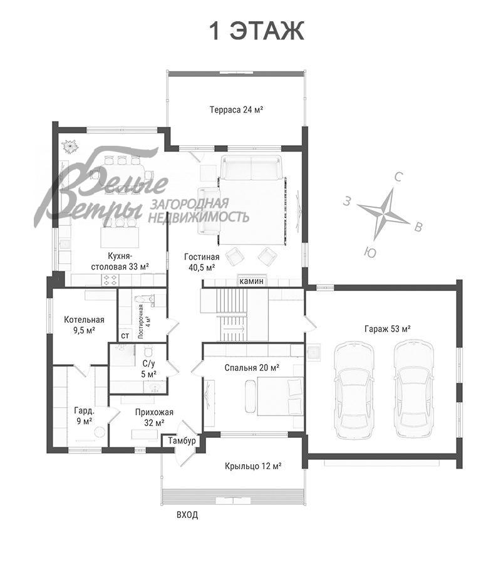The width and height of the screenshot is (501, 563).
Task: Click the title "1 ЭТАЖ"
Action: [257, 31]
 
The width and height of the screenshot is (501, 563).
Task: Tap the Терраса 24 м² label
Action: [237, 109]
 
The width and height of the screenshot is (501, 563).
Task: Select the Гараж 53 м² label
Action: [388, 328]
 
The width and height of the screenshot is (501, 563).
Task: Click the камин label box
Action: [252, 281]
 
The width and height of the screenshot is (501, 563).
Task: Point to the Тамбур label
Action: [182, 440]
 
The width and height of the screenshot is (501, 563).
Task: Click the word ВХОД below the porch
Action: [187, 515]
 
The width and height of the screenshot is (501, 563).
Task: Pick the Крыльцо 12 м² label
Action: [253, 466]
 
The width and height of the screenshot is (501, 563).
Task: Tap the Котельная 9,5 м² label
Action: [84, 325]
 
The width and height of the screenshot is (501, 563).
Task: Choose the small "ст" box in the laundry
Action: [125, 336]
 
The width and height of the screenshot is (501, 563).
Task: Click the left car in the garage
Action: [353, 390]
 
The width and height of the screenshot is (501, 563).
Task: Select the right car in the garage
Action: [413, 390]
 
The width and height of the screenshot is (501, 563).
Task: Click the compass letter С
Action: [398, 176]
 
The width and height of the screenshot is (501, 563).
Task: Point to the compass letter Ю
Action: [370, 253]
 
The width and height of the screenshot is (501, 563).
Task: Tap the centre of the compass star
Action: [383, 215]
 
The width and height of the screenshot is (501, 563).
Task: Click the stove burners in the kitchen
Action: [110, 280]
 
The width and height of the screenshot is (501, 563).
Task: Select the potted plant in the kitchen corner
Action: [70, 146]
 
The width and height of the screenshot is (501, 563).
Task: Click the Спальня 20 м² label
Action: [252, 368]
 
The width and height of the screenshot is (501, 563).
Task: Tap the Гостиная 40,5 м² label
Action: [202, 261]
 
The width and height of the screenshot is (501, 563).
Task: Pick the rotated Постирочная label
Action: [145, 322]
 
